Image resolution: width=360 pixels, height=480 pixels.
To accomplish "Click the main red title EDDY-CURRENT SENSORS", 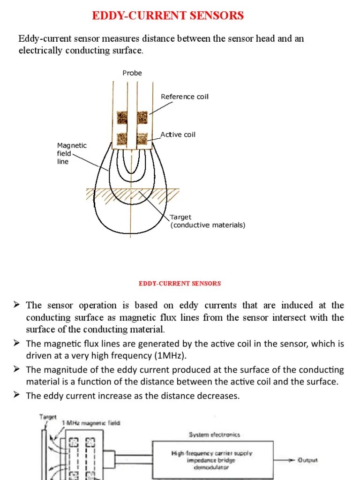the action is coord(168,15).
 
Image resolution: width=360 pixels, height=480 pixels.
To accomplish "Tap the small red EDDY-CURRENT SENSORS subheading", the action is coord(180,283).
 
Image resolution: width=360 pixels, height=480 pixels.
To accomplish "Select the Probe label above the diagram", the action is coord(132,73).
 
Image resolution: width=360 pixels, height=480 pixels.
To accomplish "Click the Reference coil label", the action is coord(184,97).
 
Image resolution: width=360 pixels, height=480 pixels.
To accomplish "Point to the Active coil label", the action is coord(178,135).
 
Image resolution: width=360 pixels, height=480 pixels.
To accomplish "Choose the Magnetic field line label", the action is coord(71,153).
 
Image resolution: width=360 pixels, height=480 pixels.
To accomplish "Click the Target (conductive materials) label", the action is coord(207,221).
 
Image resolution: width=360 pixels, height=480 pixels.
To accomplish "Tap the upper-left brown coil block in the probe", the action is coord(122,117).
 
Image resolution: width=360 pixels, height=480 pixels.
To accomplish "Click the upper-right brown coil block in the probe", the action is coord(142,117).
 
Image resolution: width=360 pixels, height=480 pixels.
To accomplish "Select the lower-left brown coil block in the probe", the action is coord(122,138).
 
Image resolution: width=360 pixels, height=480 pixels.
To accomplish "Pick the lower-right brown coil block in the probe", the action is coord(142,138).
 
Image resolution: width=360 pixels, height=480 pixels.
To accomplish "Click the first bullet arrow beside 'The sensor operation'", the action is coord(16,305).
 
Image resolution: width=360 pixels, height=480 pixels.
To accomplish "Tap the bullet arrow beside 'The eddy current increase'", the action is coord(16,396).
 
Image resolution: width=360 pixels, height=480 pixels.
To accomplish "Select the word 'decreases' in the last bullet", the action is coord(218,396).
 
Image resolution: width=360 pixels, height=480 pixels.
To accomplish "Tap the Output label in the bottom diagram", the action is coord(307,460).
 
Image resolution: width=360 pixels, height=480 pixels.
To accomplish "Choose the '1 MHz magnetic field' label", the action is coord(91,422).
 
